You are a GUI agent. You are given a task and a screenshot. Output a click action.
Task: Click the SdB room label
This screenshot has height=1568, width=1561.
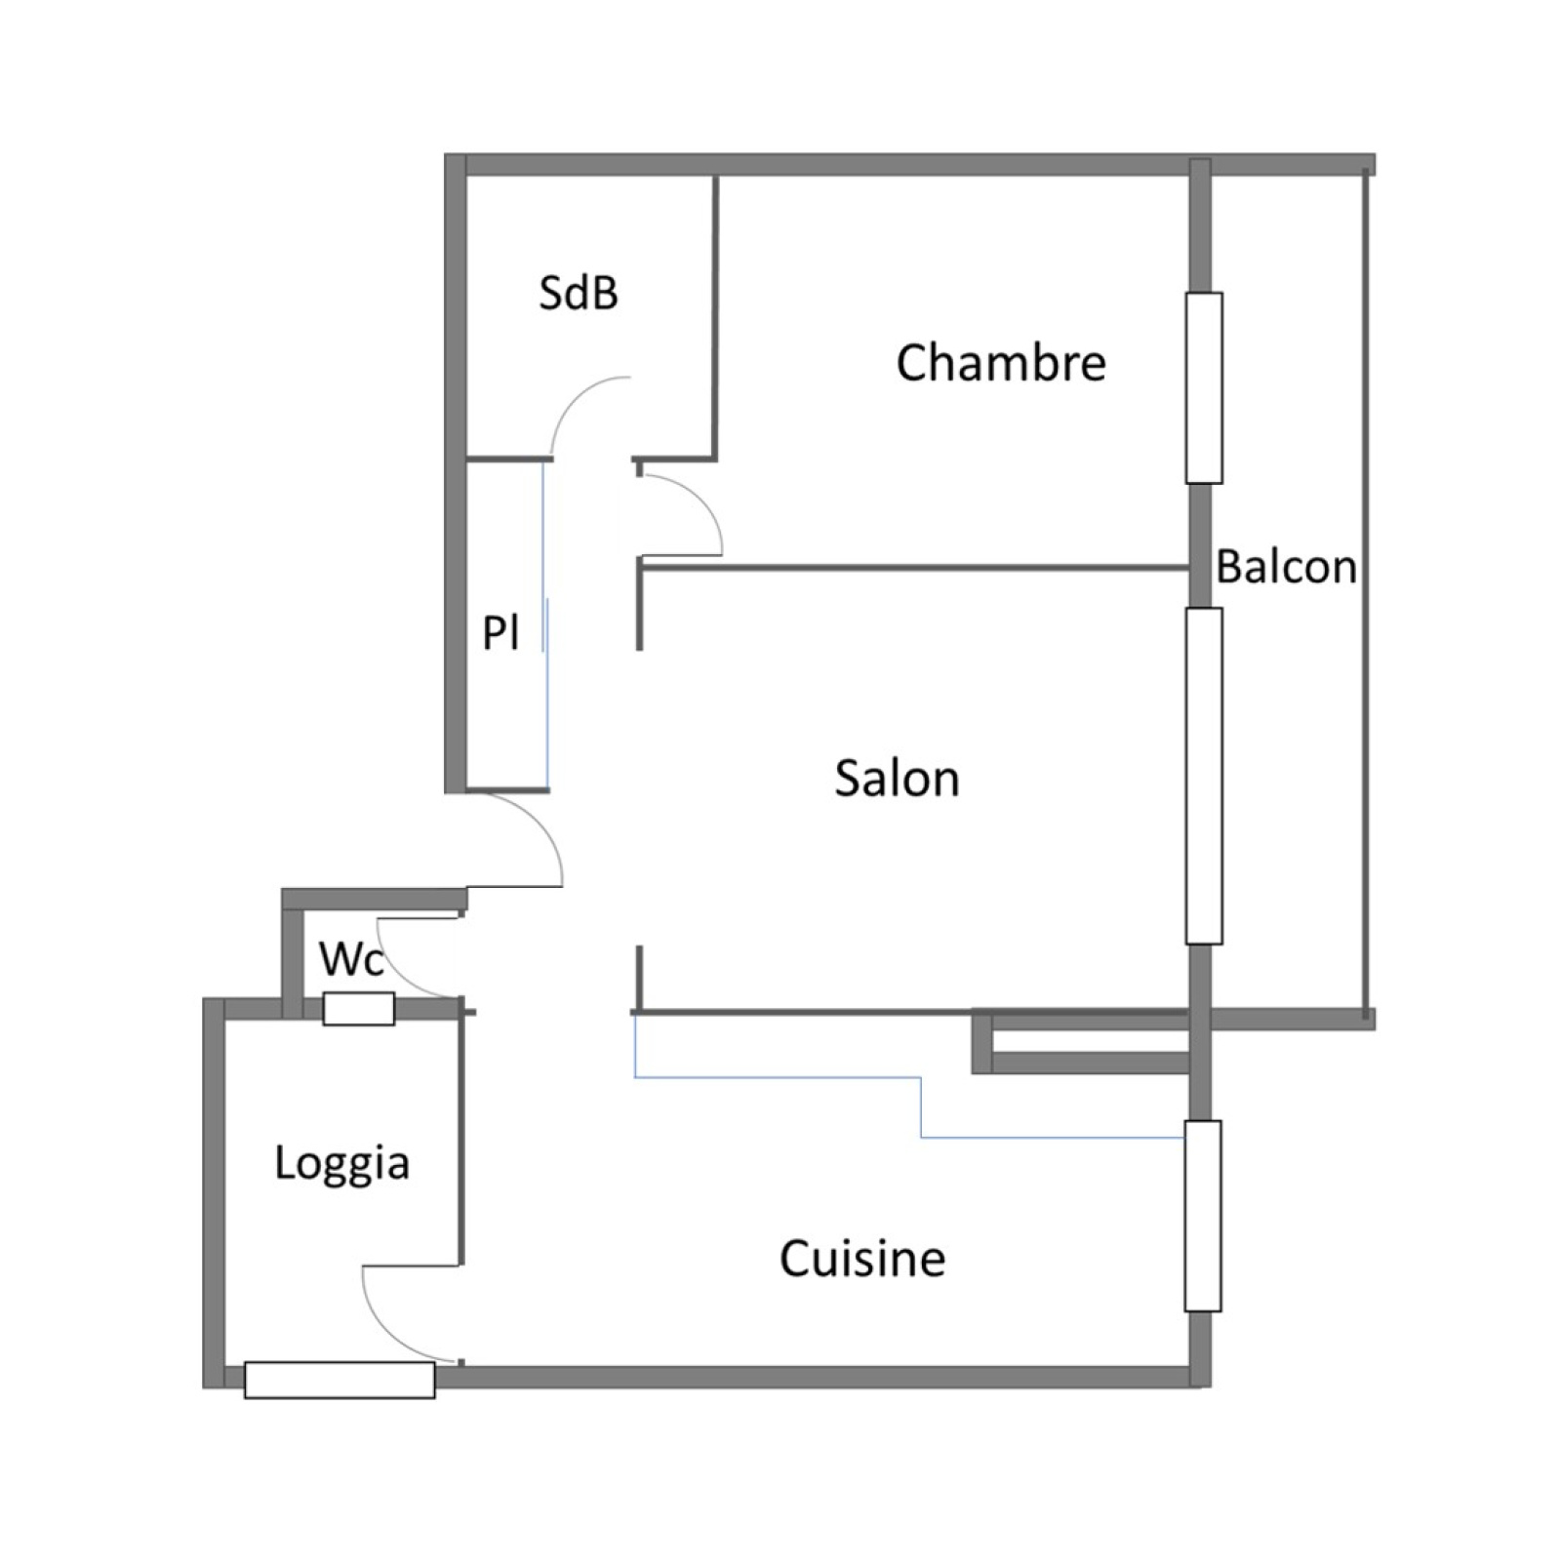(x=579, y=293)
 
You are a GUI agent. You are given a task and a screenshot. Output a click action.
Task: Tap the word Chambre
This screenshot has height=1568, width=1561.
(x=1001, y=363)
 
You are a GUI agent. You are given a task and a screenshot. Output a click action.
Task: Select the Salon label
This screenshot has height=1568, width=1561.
(x=897, y=779)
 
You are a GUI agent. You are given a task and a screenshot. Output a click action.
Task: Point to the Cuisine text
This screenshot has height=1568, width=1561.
(x=862, y=1259)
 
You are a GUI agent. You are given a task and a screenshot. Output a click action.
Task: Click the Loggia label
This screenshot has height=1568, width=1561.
(x=341, y=1164)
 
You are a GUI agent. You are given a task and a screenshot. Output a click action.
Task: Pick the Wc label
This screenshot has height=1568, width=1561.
(x=351, y=960)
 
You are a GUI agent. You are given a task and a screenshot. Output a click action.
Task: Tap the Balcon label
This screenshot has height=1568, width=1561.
(x=1286, y=567)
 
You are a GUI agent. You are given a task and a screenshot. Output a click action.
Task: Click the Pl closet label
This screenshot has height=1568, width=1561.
(x=500, y=633)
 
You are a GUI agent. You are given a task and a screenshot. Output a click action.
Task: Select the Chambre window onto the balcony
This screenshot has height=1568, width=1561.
(x=1204, y=387)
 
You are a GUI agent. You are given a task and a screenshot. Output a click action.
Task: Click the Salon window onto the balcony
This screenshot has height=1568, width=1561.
(x=1204, y=776)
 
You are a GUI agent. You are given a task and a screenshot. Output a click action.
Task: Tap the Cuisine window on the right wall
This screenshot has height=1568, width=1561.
(x=1203, y=1216)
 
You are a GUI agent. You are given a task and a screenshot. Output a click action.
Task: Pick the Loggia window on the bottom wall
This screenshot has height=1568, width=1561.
(x=340, y=1380)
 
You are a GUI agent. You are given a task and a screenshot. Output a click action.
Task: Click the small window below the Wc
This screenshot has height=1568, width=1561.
(x=359, y=1009)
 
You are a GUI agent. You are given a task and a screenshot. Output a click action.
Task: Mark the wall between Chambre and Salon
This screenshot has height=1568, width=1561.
(x=913, y=566)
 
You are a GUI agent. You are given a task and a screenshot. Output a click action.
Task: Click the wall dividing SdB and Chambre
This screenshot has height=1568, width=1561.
(x=715, y=317)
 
